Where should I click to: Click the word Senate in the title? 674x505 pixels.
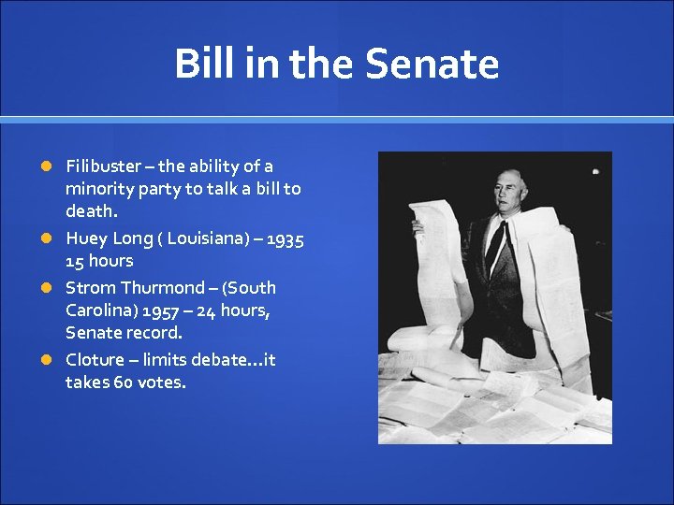[x=432, y=65]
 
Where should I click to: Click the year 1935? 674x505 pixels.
[x=285, y=239]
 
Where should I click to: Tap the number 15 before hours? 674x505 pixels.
[x=75, y=261]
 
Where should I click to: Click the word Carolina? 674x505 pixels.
[x=100, y=310]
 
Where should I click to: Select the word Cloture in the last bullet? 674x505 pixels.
[x=94, y=360]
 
